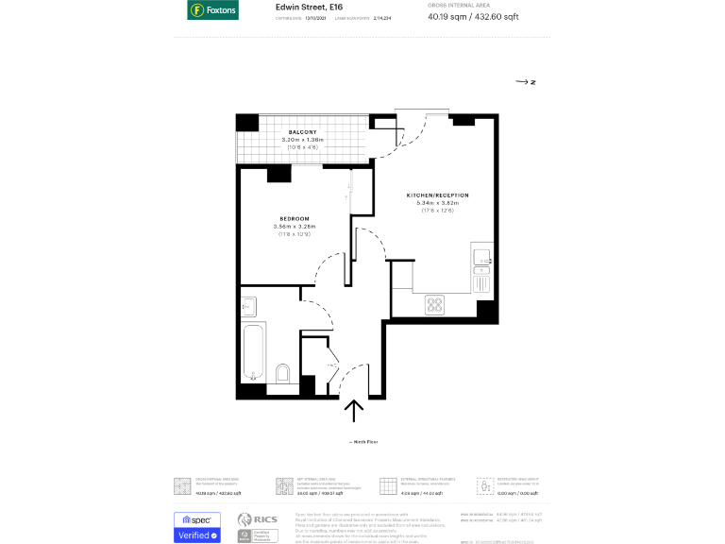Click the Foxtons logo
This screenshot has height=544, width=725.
(212, 10)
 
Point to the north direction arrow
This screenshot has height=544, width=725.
(526, 83)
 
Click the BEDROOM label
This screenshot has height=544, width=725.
(294, 218)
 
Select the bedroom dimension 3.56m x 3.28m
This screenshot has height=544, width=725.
(294, 227)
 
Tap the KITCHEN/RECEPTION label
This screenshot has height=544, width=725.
(437, 195)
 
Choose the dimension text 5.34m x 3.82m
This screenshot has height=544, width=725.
(437, 203)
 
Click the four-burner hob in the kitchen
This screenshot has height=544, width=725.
(435, 304)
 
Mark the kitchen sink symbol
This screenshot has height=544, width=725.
(481, 256)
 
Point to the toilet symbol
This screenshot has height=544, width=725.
(282, 374)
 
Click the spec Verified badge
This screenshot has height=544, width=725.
(197, 527)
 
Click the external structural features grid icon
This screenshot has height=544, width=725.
(387, 486)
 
